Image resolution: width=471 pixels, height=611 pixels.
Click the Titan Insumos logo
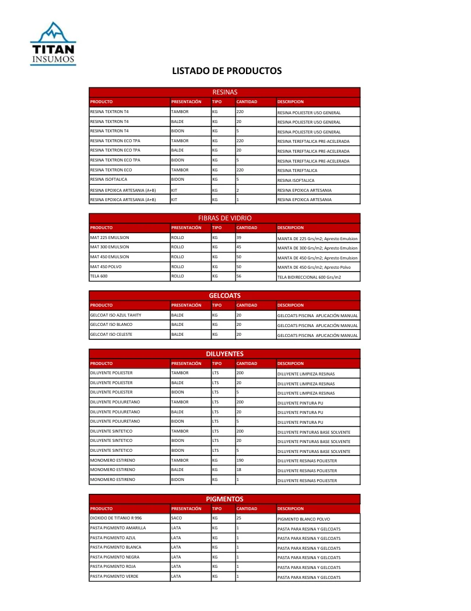pyautogui.click(x=53, y=44)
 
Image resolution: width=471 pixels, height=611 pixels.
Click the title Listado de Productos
pyautogui.click(x=227, y=71)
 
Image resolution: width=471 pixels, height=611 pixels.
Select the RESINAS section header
pyautogui.click(x=224, y=92)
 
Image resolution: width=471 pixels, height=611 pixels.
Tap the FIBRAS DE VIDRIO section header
pyautogui.click(x=224, y=217)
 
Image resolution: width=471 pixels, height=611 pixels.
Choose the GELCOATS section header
pyautogui.click(x=224, y=296)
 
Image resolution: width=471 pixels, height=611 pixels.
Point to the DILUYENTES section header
pyautogui.click(x=224, y=353)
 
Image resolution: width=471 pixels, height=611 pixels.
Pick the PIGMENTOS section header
pyautogui.click(x=224, y=499)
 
